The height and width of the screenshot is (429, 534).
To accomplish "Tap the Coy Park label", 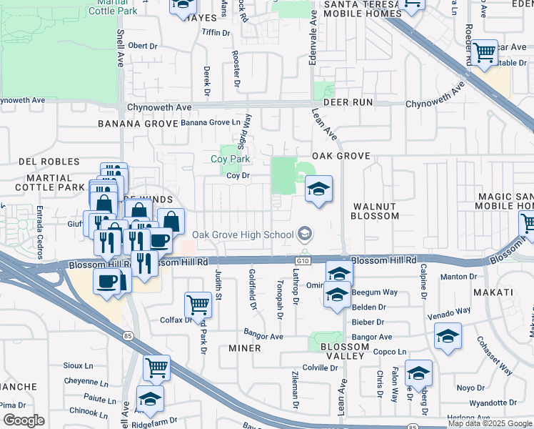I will (x=230, y=159).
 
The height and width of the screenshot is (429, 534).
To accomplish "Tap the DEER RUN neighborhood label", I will (x=348, y=102).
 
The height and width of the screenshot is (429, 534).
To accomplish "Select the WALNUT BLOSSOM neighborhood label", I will (x=375, y=211).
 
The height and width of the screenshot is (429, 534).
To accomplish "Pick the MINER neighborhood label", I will (x=244, y=348).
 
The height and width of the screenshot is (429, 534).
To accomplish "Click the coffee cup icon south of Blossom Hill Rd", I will (x=107, y=280).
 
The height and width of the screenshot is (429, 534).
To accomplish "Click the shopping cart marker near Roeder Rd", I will (x=485, y=51).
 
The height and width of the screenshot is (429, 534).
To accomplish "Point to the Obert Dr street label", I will (x=143, y=46).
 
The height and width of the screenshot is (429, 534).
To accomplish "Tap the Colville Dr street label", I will (x=319, y=368).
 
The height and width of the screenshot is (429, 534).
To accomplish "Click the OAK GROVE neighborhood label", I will (x=341, y=156).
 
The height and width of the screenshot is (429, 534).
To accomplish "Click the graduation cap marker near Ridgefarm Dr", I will (x=150, y=398).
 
